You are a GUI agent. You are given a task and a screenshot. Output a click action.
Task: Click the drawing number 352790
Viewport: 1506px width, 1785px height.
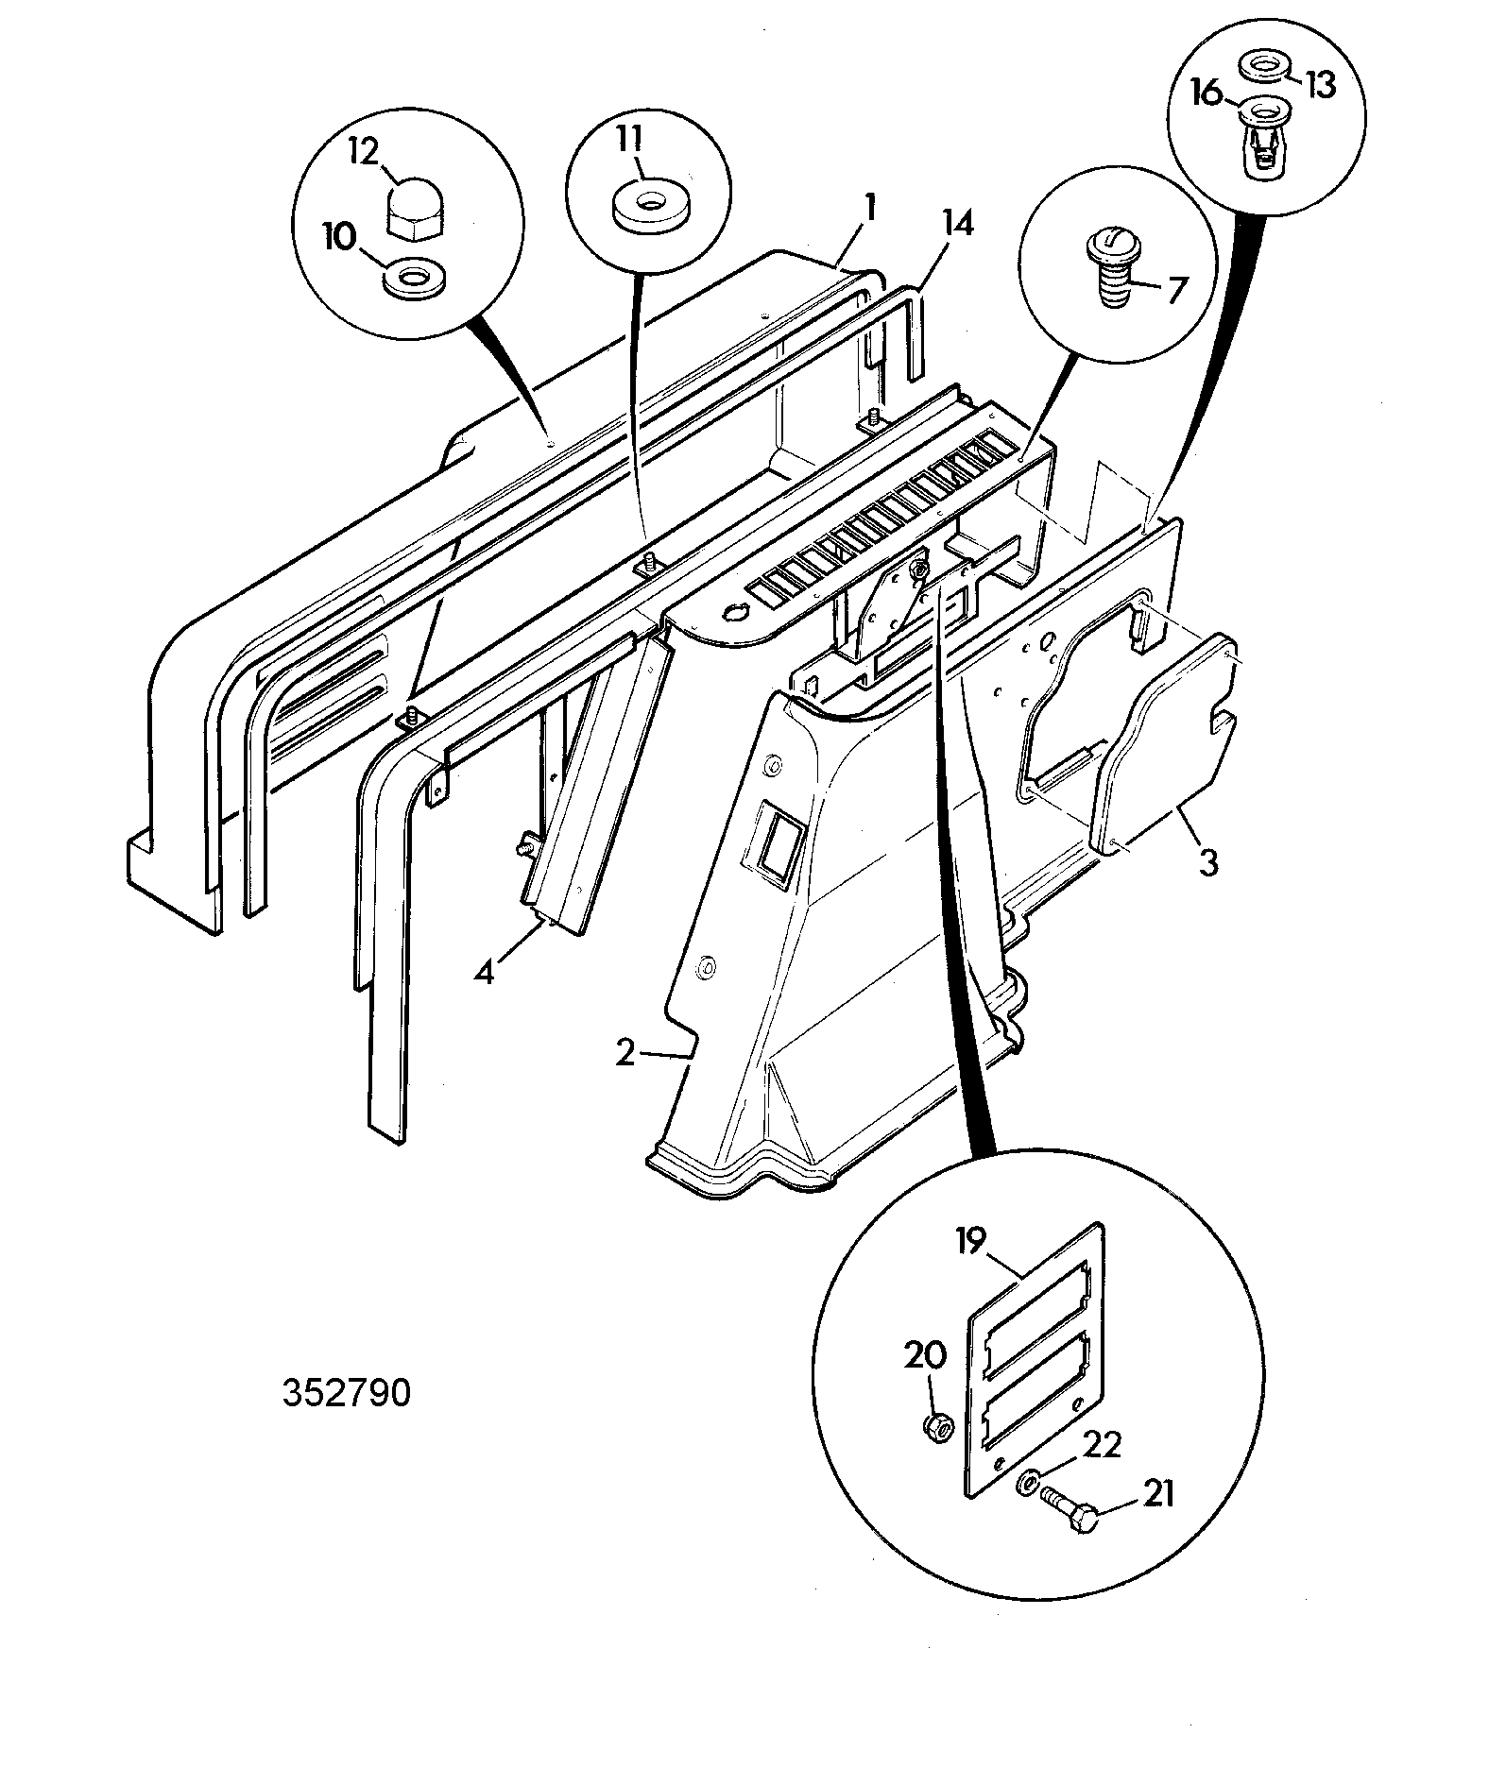coord(347,1394)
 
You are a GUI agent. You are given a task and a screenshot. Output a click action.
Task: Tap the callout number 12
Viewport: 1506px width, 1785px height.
coord(366,150)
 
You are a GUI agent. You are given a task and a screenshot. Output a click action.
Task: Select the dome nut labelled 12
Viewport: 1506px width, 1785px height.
coord(415,214)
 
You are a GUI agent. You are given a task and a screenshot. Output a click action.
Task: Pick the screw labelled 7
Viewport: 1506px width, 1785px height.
coord(1118,267)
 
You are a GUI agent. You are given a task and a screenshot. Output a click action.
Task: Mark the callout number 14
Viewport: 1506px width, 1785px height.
coord(956,225)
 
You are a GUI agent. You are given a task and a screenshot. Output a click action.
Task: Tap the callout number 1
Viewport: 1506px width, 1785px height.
coord(870,208)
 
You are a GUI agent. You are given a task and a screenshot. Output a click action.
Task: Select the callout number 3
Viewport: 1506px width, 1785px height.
coord(1208,862)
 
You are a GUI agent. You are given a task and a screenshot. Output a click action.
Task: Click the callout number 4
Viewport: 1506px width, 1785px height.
coord(484,971)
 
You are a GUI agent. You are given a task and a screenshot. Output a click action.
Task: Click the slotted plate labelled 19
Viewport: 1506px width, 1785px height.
coord(1036,1360)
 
